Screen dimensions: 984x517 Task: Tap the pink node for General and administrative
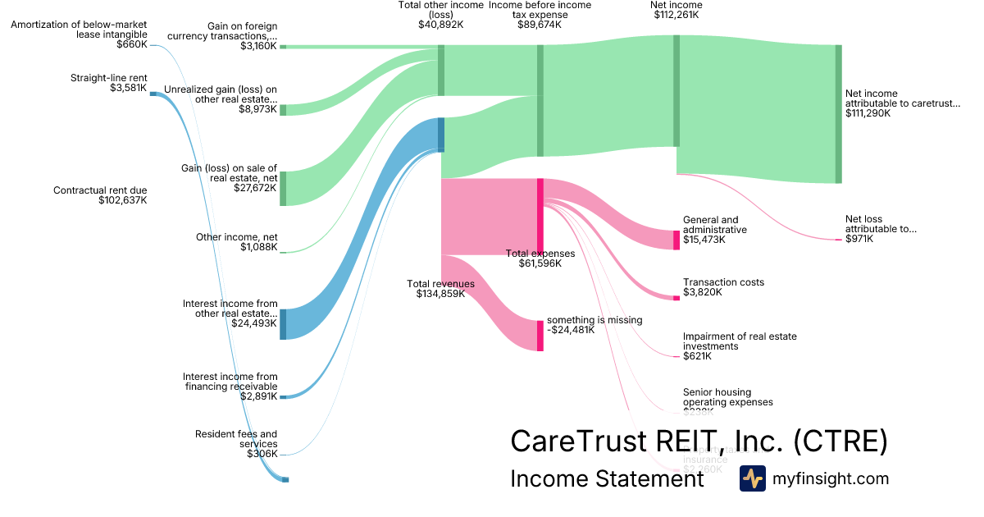[x=676, y=240]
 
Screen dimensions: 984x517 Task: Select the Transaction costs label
[x=723, y=282]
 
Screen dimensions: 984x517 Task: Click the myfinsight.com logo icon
[x=752, y=478]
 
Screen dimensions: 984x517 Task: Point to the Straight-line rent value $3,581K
[x=129, y=88]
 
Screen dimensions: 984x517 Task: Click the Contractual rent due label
[x=100, y=190]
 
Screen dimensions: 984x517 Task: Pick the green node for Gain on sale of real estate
[x=283, y=188]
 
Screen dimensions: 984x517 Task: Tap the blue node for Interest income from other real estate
[x=283, y=324]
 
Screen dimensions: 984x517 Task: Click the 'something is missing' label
[x=594, y=320]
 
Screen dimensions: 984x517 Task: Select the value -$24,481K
[x=571, y=330]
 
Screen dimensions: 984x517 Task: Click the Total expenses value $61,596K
[x=540, y=263]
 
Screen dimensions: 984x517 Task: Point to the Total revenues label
[x=440, y=284]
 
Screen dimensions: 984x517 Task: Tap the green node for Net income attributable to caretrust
[x=838, y=114]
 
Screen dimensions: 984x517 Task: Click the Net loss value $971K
[x=859, y=239]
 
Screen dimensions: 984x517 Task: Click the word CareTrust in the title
[x=579, y=442]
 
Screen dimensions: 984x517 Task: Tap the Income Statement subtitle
[x=607, y=478]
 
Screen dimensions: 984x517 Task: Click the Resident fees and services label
[x=236, y=439]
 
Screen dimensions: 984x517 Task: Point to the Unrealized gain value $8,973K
[x=257, y=109]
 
